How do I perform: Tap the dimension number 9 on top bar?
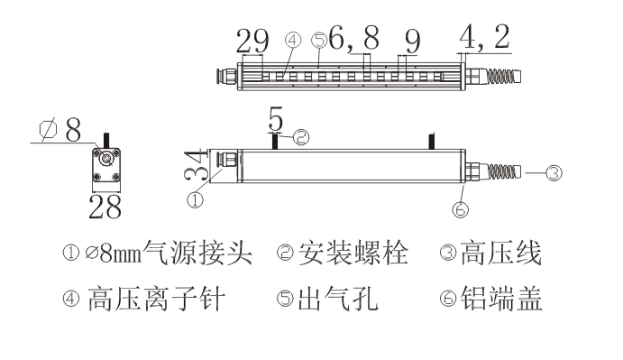click(413, 40)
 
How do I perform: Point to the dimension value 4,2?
click(484, 39)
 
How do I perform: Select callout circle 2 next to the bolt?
click(302, 138)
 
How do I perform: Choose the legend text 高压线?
click(501, 255)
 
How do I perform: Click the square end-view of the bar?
click(107, 164)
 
